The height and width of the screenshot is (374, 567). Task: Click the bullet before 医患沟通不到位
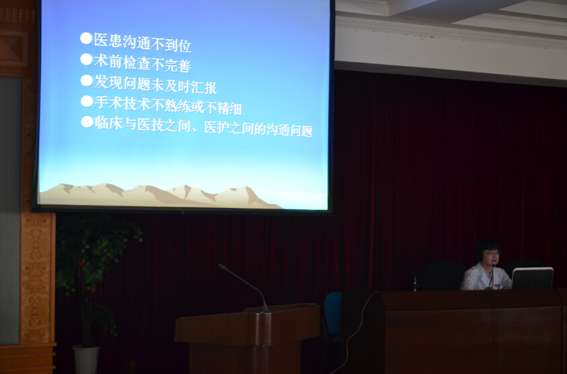[86, 38]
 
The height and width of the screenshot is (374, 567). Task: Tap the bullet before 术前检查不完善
[86, 59]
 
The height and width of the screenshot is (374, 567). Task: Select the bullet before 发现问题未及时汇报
[87, 80]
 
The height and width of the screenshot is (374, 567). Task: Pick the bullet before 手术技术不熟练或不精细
[87, 101]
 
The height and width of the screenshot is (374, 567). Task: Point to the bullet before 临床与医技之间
[87, 122]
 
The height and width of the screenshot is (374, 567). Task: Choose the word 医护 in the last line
[216, 128]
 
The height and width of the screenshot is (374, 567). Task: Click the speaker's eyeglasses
[491, 253]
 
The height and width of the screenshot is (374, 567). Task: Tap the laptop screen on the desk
[533, 278]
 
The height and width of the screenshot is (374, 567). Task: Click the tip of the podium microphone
[219, 266]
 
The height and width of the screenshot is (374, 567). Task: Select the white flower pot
[86, 360]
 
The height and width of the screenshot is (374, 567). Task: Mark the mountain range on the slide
[159, 196]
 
